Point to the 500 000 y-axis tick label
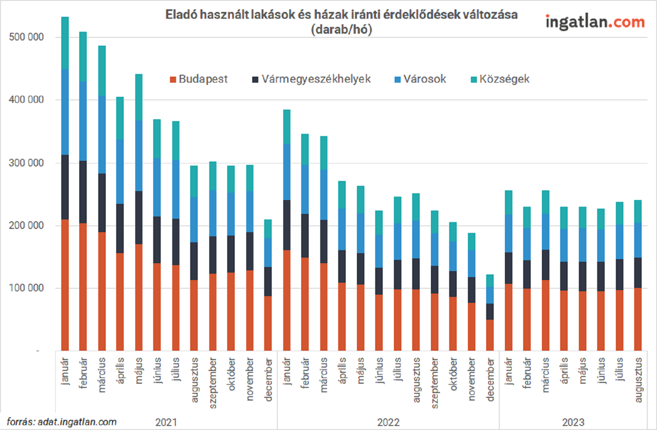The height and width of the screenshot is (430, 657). point(26,37)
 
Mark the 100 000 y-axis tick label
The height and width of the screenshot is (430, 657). point(26,288)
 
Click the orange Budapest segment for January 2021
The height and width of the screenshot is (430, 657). point(65,284)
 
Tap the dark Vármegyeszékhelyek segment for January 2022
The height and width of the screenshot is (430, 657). point(287,225)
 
